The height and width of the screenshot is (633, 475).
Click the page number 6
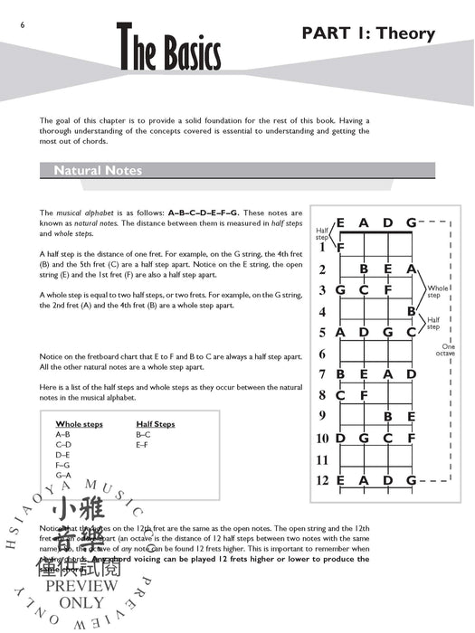coord(8,24)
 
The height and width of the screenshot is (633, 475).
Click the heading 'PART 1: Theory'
coord(367,34)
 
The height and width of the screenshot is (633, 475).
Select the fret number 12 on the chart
coord(322,481)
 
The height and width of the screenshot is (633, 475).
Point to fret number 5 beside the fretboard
coord(322,332)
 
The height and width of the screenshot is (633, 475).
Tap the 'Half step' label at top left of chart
coord(323,234)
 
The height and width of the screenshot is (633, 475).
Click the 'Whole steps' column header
coord(81,424)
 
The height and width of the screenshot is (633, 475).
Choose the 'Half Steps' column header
coord(156,424)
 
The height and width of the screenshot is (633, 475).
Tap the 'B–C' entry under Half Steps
coord(144,435)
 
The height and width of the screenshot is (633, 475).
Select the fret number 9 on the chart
coord(322,417)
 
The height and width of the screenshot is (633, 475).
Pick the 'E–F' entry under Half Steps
coord(143,445)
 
